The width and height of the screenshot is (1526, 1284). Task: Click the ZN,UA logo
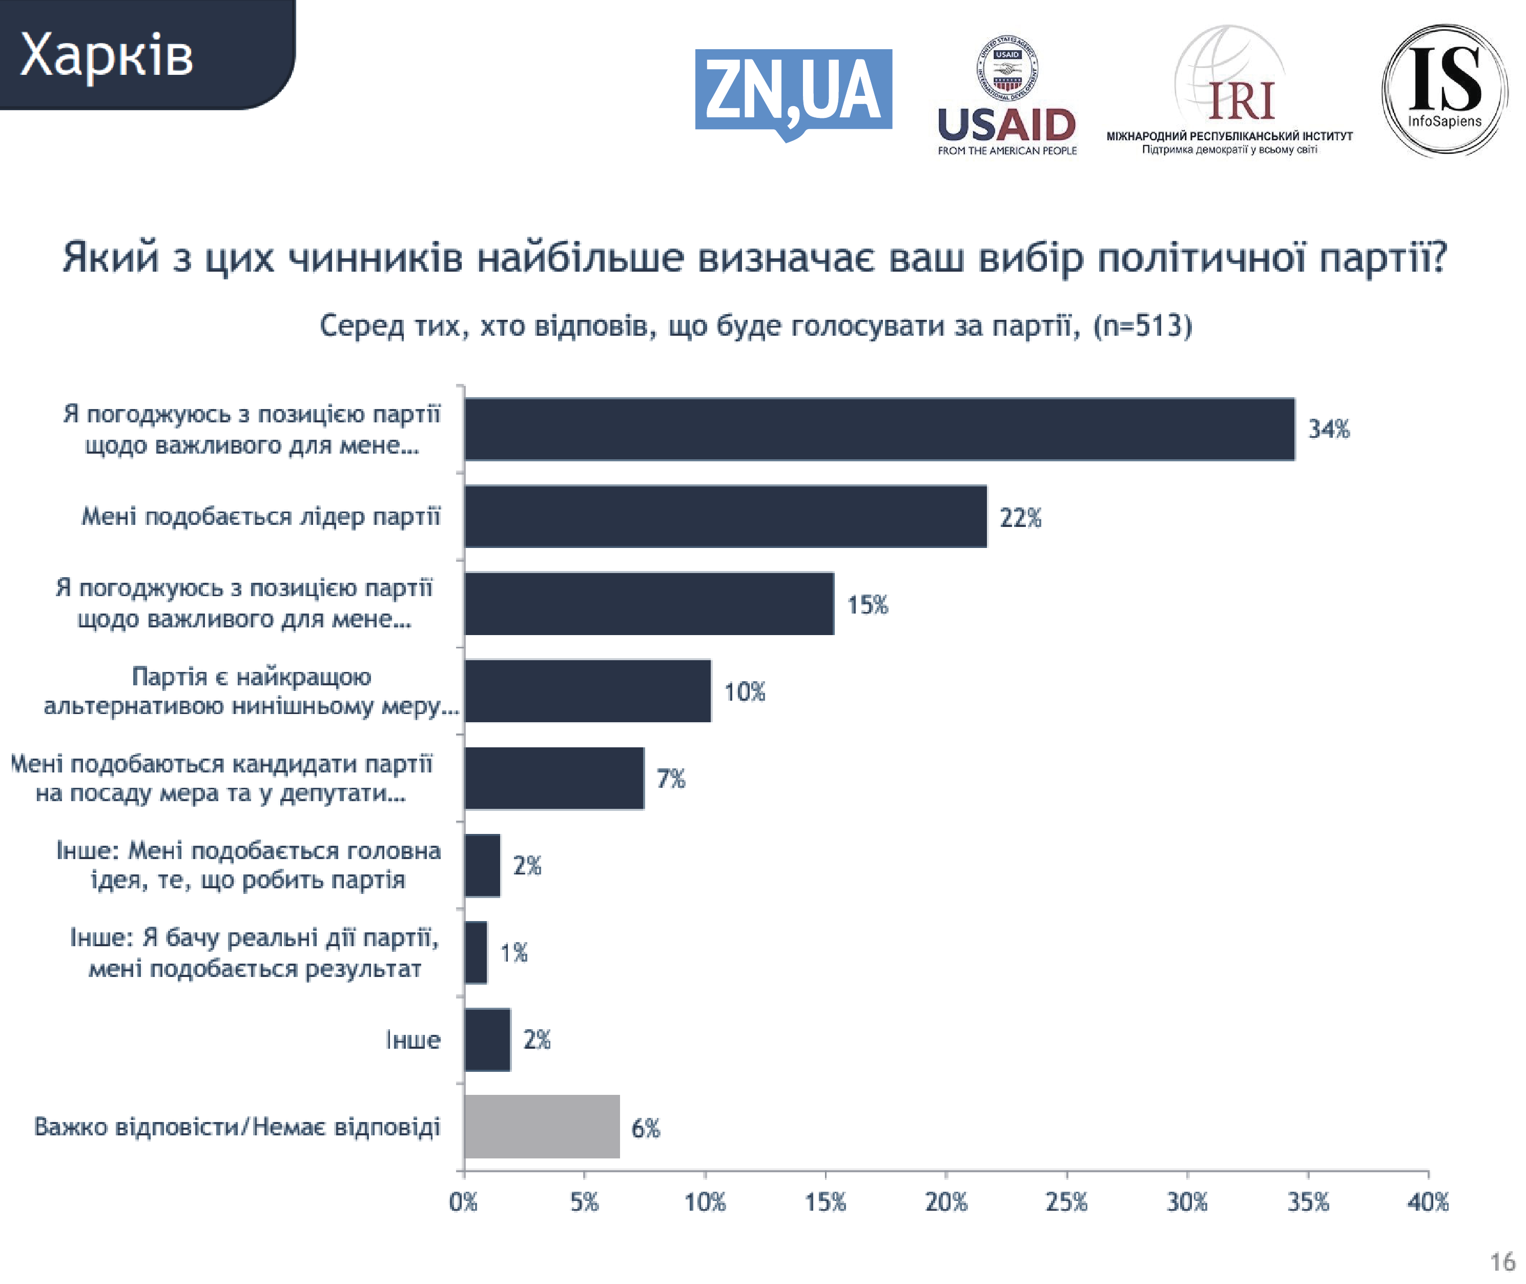click(793, 92)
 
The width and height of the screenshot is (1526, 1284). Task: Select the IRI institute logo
click(1229, 92)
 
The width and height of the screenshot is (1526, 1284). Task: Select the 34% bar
click(879, 430)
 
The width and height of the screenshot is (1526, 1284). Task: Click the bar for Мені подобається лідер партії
click(726, 517)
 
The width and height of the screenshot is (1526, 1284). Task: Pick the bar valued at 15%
click(649, 604)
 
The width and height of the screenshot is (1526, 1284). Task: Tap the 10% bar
click(587, 691)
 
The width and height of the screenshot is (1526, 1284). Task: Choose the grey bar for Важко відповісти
click(542, 1127)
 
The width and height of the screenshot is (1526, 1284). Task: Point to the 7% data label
click(671, 779)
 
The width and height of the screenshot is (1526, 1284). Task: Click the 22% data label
click(1020, 518)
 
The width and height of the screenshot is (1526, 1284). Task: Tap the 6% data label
click(646, 1128)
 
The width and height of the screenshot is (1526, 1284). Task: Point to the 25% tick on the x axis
click(1066, 1202)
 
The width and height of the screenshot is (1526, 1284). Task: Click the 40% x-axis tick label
click(1428, 1202)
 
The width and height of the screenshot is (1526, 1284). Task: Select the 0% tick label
click(463, 1202)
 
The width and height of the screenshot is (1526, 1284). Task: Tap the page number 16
click(1503, 1261)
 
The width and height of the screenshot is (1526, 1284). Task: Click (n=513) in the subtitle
click(1143, 325)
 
